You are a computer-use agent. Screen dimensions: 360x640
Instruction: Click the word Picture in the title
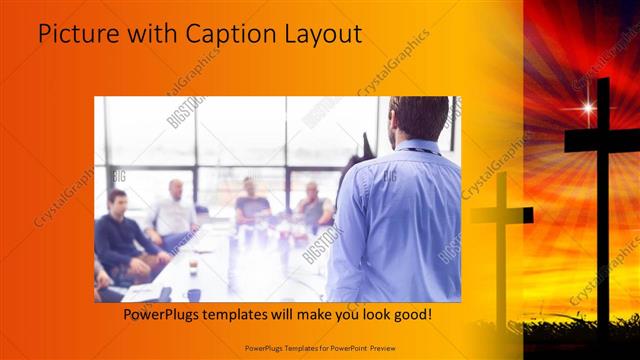tap(76, 35)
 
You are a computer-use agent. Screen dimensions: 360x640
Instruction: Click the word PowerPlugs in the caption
tap(163, 314)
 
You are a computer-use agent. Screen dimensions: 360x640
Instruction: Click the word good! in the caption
tap(411, 314)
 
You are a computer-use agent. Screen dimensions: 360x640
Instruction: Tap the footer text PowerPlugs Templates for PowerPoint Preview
tap(321, 347)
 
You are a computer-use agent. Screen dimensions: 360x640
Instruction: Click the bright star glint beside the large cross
tap(587, 108)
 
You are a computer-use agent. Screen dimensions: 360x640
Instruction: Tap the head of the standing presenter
tap(419, 118)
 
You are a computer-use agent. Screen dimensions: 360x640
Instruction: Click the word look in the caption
tap(370, 314)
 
